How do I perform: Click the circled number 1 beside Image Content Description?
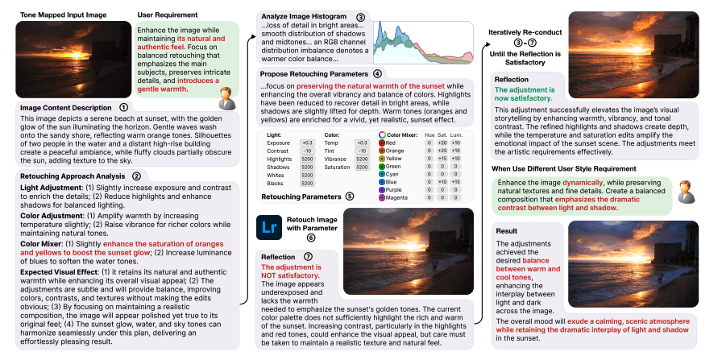coord(123,107)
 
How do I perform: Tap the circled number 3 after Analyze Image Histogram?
coord(360,17)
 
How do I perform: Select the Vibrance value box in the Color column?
coord(361,159)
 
